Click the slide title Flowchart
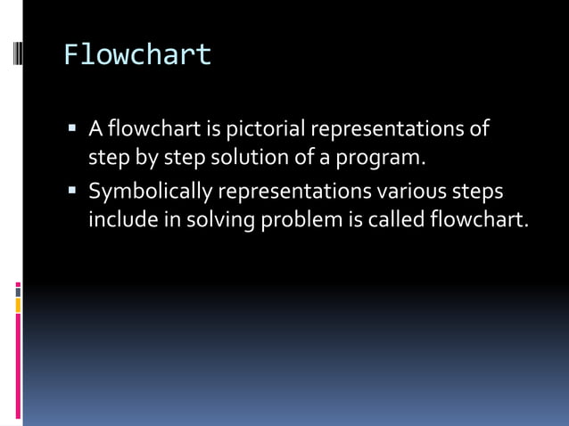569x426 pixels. click(137, 55)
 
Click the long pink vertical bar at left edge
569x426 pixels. click(18, 365)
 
